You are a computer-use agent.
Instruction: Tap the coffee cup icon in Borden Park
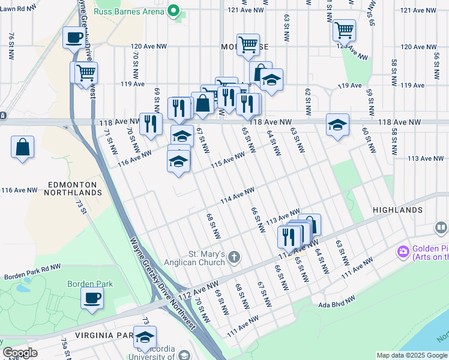point(92,298)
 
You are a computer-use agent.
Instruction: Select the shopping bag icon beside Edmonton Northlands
point(22,147)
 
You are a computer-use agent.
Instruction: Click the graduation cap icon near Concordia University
point(145,337)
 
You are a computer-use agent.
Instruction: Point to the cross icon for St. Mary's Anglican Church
point(234,258)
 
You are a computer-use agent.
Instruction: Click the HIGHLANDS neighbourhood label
point(397,210)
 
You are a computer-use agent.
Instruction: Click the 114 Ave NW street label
point(238,194)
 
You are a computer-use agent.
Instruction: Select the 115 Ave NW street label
point(228,159)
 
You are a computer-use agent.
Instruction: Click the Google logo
point(20,353)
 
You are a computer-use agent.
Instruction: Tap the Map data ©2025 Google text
point(411,355)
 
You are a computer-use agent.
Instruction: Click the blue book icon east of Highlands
point(441,228)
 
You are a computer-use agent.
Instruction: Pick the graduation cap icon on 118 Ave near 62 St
point(337,125)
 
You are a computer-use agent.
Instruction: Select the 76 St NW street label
point(11,46)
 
